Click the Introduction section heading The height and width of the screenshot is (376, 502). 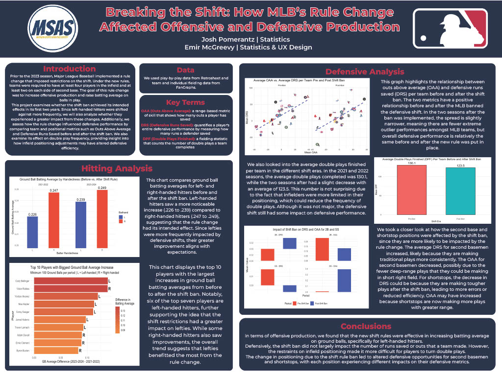click(69, 69)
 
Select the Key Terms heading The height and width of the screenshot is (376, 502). click(186, 102)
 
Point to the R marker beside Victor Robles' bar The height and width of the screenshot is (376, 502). click(109, 289)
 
